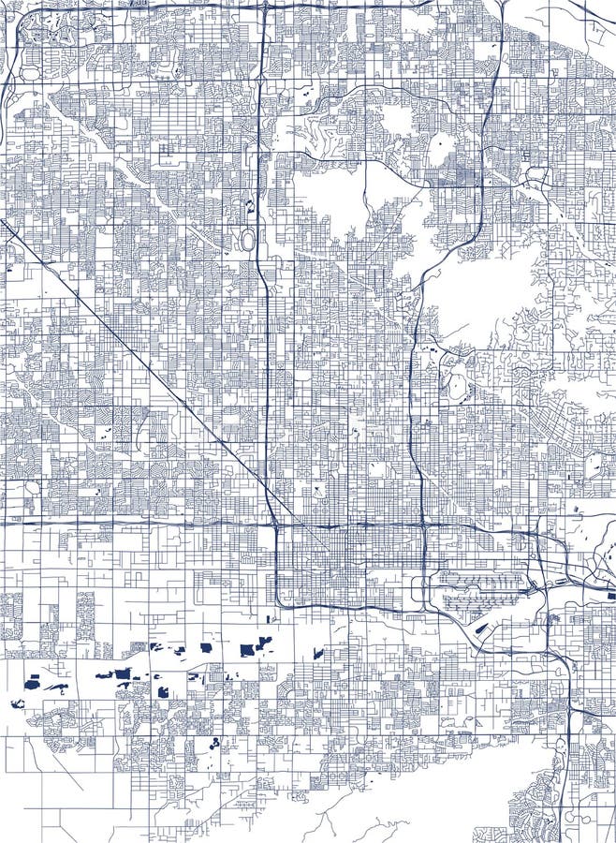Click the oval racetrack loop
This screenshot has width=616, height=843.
pos(247,240)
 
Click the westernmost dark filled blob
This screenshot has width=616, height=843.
pos(16,703)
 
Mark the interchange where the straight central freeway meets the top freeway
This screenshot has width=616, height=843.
pos(265,7)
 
